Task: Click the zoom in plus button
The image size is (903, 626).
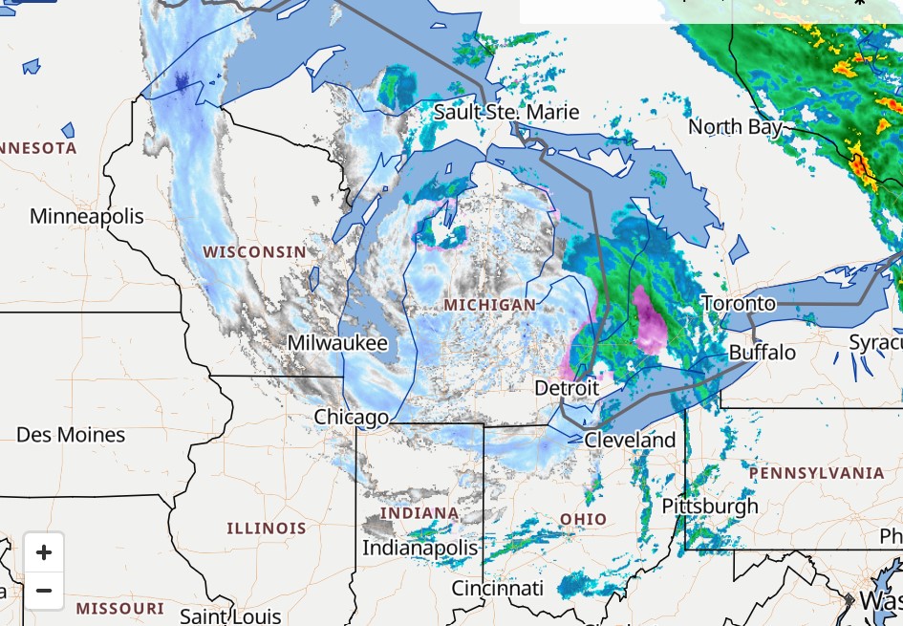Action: point(43,552)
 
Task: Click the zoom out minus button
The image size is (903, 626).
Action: point(43,591)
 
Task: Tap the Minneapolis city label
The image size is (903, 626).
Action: point(87,216)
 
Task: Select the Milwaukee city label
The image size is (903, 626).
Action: point(338,343)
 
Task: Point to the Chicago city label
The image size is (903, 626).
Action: point(352,417)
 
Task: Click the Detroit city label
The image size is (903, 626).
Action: point(567,388)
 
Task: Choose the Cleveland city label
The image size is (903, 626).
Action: point(630,441)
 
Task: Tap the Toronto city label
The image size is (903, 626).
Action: point(739,304)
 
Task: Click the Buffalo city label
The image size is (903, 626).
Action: point(762,353)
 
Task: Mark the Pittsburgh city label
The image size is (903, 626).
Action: point(710,506)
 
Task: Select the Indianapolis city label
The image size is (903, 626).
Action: point(419,548)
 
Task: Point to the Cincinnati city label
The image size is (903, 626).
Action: point(498,588)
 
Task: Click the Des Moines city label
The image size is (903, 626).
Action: point(71,435)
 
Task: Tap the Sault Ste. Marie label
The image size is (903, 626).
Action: point(506,112)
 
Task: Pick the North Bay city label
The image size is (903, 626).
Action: point(735,126)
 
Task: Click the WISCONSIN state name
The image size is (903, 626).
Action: point(255,252)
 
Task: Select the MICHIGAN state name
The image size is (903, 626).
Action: point(490,305)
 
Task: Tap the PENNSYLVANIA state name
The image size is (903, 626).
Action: point(817,473)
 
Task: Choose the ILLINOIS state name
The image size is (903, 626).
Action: point(267,528)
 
